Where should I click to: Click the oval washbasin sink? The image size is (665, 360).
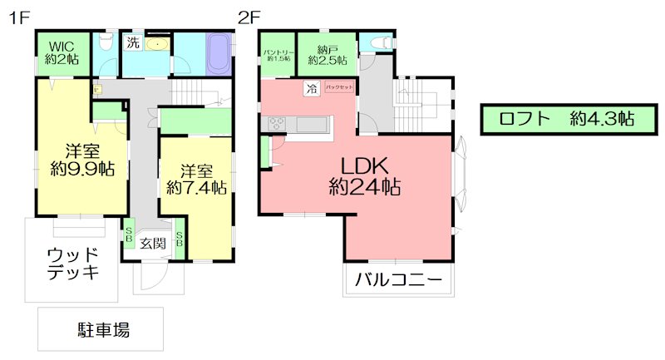point(157,45)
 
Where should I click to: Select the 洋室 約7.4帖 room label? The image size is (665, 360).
point(196,180)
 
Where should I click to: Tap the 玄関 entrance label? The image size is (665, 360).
point(153,244)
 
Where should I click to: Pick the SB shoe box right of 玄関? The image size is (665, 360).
point(181,239)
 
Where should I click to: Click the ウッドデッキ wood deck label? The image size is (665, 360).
point(73,263)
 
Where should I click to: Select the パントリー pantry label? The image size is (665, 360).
point(277,56)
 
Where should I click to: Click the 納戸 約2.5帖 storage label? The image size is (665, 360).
point(327,55)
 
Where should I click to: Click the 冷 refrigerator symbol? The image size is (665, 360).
point(311,87)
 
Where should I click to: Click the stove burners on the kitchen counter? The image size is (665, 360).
point(275,125)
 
